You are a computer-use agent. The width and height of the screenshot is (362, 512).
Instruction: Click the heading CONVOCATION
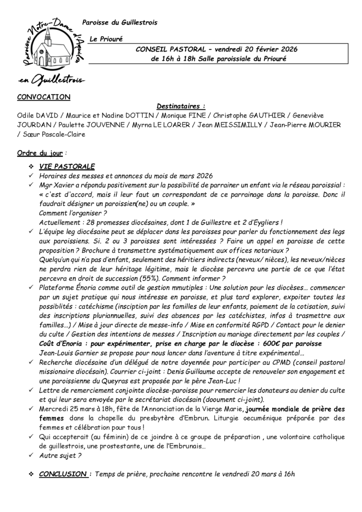coord(44,96)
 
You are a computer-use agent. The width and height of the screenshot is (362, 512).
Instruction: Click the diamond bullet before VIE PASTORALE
coord(31,166)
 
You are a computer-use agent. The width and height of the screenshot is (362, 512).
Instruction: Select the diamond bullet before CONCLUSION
coord(31,473)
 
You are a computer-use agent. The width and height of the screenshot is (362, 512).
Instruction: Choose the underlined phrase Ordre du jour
coord(39,152)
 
